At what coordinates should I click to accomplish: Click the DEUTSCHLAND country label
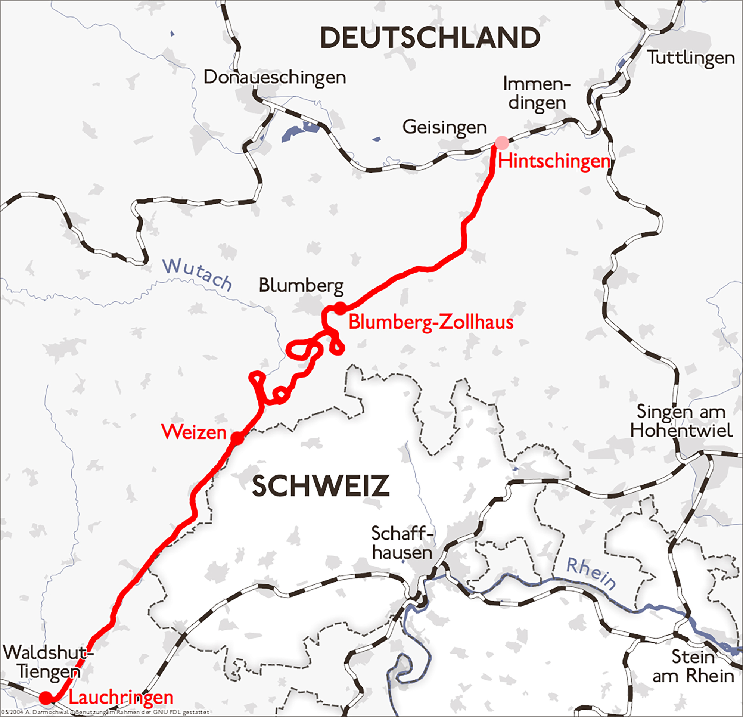pos(430,38)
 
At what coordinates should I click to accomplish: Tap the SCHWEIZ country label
pos(321,487)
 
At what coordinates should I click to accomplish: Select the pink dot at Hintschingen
pos(501,143)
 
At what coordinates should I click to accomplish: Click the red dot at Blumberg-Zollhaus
pos(340,308)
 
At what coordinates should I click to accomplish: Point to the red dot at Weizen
pos(237,438)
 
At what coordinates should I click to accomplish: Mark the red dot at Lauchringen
pos(46,698)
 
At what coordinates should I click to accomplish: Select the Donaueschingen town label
pos(275,78)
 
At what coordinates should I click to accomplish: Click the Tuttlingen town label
pos(691,58)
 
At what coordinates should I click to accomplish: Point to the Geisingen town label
pos(444,127)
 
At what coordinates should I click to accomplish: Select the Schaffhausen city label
pos(402,543)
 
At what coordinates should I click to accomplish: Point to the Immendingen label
pos(537,93)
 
